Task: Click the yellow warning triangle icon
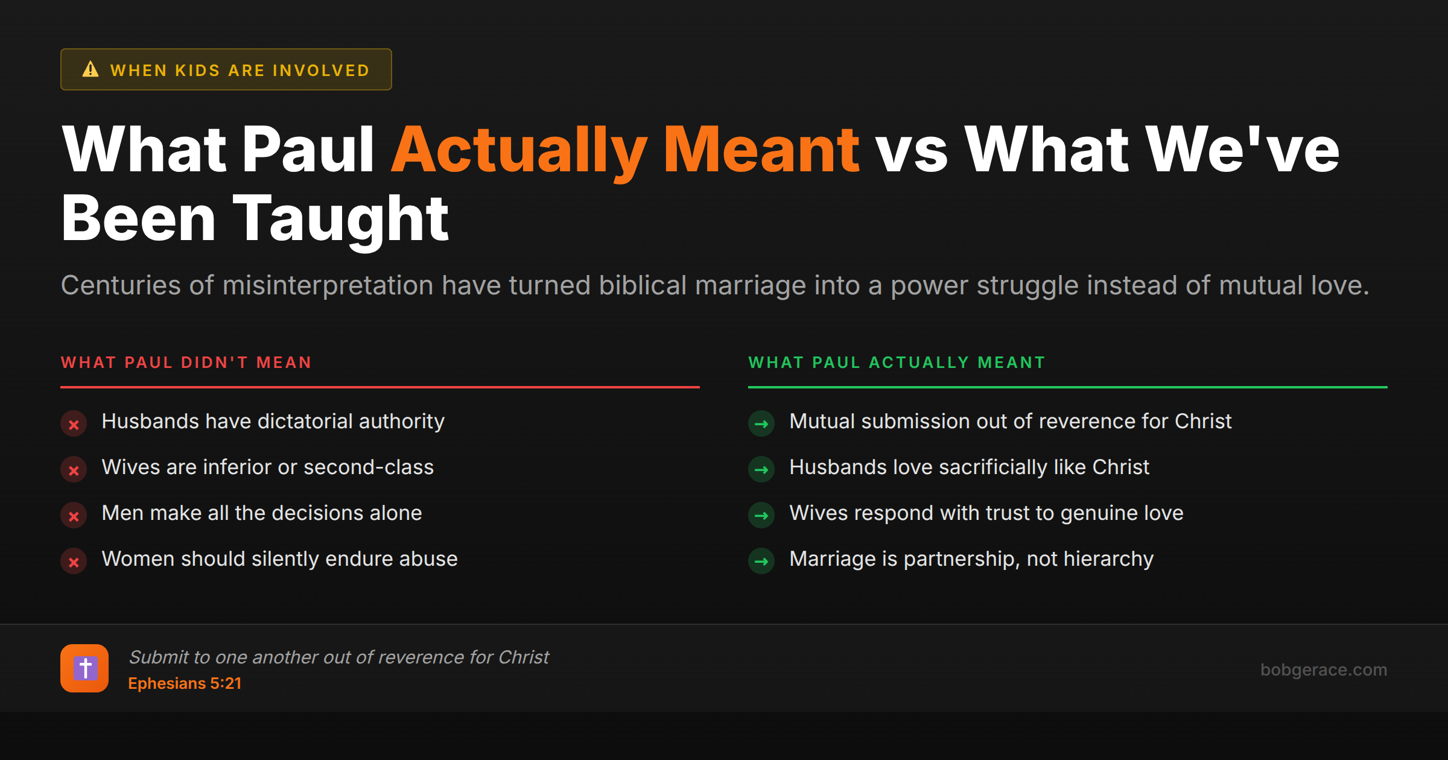(91, 69)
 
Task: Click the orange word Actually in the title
(519, 151)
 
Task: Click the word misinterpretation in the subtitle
(328, 285)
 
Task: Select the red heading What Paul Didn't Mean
(186, 363)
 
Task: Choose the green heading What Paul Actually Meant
(897, 363)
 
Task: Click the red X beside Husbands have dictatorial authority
(74, 424)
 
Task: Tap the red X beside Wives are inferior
(74, 470)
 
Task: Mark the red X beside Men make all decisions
(74, 516)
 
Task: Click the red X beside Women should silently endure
(74, 562)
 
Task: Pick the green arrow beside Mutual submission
(761, 424)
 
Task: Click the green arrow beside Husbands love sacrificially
(761, 470)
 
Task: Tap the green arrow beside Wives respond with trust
(761, 516)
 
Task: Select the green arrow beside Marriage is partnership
(761, 562)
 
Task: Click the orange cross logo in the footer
(84, 668)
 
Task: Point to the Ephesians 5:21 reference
(185, 683)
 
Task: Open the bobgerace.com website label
(1324, 670)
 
